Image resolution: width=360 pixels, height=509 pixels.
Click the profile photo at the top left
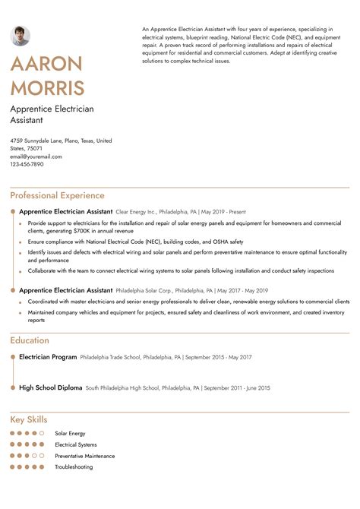coord(21,36)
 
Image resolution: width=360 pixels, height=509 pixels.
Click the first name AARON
coord(46,65)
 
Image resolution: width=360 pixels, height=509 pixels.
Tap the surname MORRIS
coord(48,87)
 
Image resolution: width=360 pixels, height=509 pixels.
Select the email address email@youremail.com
coord(36,156)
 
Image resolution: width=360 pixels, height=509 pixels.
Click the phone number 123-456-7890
coord(27,164)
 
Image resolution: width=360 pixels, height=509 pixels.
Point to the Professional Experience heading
coord(57,195)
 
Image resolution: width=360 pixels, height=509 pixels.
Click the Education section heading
coord(29,340)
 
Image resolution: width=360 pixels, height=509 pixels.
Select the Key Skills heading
coord(29,419)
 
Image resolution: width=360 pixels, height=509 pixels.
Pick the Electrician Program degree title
coord(48,356)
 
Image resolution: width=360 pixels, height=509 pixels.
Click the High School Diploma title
coord(50,387)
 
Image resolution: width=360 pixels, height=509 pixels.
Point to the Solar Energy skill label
coord(70,433)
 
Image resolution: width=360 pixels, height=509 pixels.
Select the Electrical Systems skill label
coord(76,444)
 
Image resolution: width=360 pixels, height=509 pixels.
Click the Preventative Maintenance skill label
coord(84,456)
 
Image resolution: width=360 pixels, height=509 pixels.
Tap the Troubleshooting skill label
coord(74,466)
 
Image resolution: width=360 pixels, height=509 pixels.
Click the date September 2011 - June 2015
coord(235,388)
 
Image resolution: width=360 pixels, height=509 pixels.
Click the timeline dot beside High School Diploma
coord(13,387)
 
